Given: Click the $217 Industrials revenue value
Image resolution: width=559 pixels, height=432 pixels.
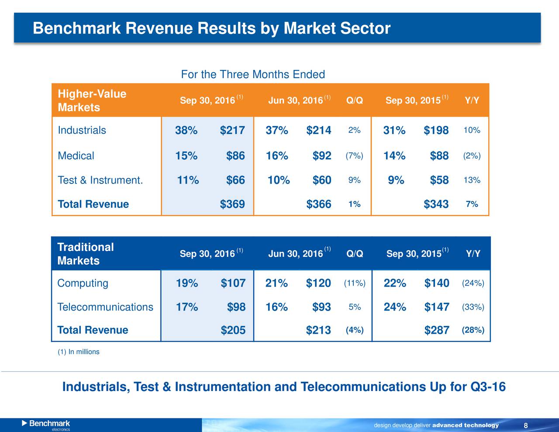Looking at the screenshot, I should click(x=232, y=131).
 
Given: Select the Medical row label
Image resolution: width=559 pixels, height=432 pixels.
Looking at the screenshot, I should click(x=76, y=156).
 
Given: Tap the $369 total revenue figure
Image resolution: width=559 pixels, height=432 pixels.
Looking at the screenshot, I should click(x=232, y=204).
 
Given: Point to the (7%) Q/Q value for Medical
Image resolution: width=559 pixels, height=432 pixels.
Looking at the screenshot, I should click(x=354, y=156).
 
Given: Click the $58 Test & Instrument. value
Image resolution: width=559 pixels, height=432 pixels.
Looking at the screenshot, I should click(x=439, y=180).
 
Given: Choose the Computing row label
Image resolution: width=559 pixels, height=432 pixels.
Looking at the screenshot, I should click(x=83, y=283).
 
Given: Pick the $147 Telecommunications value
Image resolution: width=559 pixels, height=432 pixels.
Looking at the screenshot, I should click(x=437, y=307).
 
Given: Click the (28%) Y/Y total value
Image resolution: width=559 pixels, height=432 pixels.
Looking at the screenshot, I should click(x=473, y=330).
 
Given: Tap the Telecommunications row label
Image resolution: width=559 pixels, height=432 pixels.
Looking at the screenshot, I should click(x=105, y=307).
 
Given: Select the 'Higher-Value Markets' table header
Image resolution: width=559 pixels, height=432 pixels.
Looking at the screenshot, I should click(x=92, y=100).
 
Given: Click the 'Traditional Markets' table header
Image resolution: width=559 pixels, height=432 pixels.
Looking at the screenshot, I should click(x=86, y=254).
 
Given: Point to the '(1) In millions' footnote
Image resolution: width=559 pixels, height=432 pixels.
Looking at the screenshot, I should click(x=79, y=352).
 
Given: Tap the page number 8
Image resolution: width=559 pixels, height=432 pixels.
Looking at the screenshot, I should click(x=526, y=426).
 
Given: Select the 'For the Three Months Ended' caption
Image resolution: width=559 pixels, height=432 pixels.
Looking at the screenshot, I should click(x=253, y=74).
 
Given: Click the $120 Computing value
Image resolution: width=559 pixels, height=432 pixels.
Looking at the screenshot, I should click(x=318, y=283).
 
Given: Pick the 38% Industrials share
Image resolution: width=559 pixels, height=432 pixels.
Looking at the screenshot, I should click(x=186, y=131).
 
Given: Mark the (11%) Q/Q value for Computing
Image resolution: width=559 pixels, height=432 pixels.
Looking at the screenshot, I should click(x=355, y=283).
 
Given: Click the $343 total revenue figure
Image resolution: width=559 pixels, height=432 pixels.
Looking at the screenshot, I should click(x=436, y=204).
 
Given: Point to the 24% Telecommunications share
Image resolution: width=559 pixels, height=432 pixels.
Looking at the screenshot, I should click(x=395, y=307).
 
